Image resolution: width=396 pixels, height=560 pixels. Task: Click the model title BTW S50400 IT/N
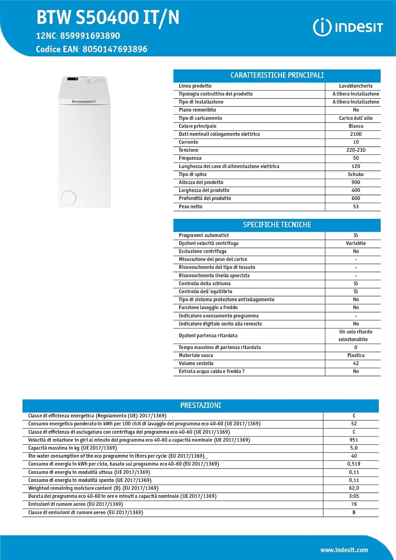(x=107, y=18)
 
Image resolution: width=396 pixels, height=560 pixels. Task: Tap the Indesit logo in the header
(x=348, y=27)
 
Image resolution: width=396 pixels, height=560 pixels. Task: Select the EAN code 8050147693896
(x=115, y=49)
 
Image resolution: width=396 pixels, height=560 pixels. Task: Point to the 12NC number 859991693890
(x=90, y=36)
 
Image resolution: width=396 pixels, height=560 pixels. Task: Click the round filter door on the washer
(x=69, y=198)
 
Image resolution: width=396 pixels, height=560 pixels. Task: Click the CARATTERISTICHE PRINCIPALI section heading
(x=277, y=75)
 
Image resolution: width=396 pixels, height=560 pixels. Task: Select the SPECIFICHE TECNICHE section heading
(x=277, y=225)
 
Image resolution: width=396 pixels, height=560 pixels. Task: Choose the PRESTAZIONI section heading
(x=200, y=405)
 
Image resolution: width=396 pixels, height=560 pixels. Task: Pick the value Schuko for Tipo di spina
(x=356, y=174)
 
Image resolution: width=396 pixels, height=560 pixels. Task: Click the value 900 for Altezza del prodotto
(x=356, y=183)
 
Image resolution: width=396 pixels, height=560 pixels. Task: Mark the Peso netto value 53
(x=356, y=206)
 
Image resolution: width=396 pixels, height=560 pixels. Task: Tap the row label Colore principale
(x=197, y=126)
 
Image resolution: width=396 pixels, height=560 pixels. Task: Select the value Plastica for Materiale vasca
(x=356, y=355)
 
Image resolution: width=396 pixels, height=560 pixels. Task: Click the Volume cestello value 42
(x=356, y=363)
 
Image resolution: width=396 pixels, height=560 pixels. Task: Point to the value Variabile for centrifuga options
(x=356, y=243)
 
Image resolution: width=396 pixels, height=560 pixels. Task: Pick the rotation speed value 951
(x=354, y=440)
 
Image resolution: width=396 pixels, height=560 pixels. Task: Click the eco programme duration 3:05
(x=354, y=496)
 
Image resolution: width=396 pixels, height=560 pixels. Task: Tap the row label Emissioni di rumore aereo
(x=75, y=504)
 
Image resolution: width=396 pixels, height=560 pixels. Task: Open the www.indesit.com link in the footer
(x=344, y=550)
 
